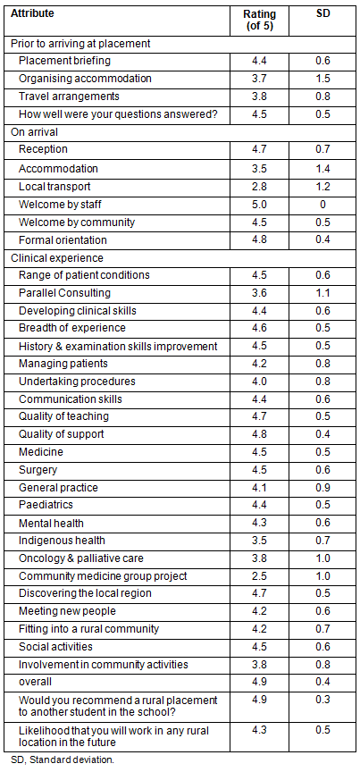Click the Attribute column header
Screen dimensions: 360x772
(32, 13)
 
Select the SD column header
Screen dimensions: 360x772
(322, 13)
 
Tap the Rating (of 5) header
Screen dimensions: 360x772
(260, 20)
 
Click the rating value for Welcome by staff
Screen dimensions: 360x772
(260, 205)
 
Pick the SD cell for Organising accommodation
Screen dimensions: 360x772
(322, 79)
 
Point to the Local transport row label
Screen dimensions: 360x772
(54, 187)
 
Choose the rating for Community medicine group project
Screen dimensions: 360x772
(260, 576)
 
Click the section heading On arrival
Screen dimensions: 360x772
(31, 132)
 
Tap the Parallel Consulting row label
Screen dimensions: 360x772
(64, 293)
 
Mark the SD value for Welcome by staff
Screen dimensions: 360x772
(322, 205)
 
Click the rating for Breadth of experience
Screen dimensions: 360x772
(260, 328)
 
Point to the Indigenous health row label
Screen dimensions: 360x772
(62, 541)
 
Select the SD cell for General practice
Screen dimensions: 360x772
(322, 488)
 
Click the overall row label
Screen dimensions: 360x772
(35, 682)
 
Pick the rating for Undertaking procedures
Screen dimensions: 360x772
(260, 381)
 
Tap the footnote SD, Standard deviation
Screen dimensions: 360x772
(62, 759)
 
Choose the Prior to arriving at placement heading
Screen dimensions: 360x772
(80, 43)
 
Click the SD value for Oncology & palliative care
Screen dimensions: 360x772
(322, 558)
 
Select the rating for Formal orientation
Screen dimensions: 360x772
(260, 240)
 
